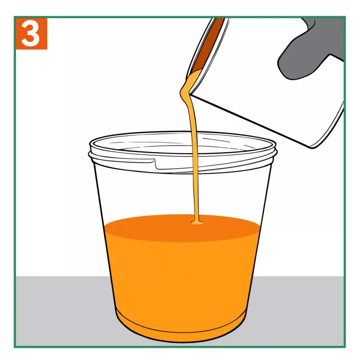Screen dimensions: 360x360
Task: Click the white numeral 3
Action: pyautogui.click(x=31, y=33)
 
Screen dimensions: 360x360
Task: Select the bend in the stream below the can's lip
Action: pyautogui.click(x=185, y=92)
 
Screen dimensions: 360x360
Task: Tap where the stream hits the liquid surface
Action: pyautogui.click(x=197, y=222)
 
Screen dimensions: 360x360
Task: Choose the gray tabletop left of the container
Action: pyautogui.click(x=62, y=310)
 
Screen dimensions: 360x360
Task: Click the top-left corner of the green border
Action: pyautogui.click(x=15, y=17)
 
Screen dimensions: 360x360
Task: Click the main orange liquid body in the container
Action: pyautogui.click(x=181, y=280)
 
